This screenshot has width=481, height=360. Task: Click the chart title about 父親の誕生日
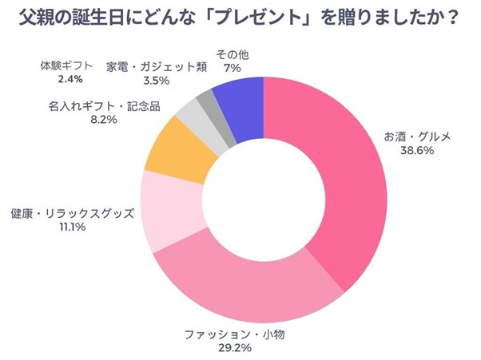coord(240,17)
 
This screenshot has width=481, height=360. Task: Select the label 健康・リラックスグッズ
coord(71,214)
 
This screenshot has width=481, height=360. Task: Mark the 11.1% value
coord(71,227)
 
